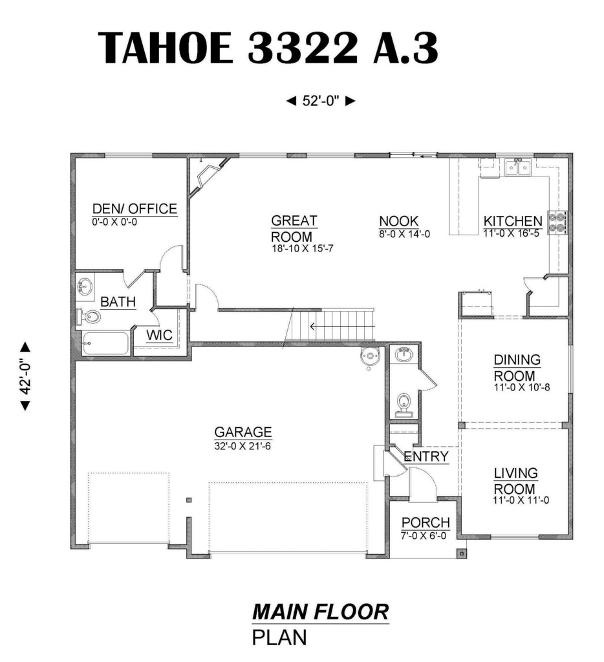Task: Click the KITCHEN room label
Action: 513,221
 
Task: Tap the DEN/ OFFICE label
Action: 135,209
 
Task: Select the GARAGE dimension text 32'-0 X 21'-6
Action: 243,446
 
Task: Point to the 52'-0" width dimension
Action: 321,101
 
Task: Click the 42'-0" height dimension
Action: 26,376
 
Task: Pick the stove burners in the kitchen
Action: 557,222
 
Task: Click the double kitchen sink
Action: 518,167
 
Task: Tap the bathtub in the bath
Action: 105,344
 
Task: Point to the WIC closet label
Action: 159,335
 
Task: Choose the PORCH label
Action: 426,522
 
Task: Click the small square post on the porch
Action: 462,553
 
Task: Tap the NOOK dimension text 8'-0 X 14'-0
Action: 404,233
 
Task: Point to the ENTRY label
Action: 426,456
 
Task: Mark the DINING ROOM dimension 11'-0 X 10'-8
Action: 522,387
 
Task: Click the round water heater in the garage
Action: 369,357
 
